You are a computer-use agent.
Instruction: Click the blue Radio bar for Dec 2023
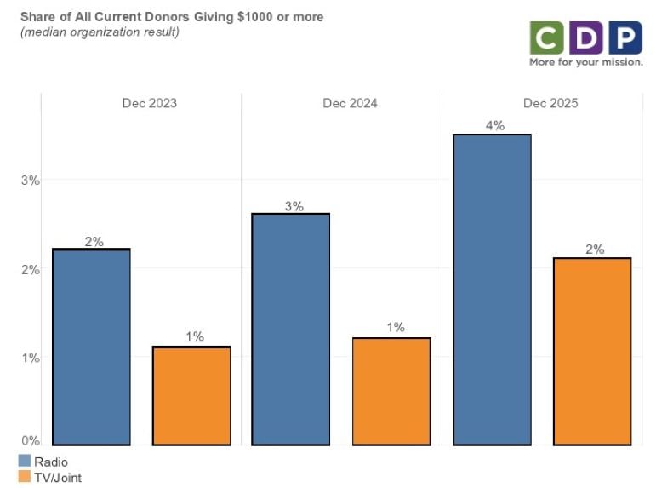91,347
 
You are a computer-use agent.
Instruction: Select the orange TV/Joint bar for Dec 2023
191,396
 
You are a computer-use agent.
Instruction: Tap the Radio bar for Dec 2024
291,329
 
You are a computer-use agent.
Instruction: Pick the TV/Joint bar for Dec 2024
391,391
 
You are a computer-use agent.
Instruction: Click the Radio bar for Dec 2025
492,290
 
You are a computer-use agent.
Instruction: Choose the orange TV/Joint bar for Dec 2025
592,351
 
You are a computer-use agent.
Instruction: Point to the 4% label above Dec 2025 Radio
495,126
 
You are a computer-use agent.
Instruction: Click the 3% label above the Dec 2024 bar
294,205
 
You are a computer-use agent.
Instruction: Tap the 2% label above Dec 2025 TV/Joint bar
595,250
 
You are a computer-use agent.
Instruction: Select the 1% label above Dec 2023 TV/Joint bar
195,337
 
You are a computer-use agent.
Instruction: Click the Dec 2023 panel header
150,104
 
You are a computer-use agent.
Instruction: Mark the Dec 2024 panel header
350,104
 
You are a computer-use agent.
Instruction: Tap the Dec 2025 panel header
550,104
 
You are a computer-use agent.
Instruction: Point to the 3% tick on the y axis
31,181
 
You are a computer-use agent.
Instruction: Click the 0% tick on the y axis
31,441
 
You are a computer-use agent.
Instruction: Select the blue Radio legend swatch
24,462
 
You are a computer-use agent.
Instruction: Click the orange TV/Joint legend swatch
24,478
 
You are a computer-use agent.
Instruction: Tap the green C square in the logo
545,37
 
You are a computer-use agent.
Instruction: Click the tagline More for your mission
585,62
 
